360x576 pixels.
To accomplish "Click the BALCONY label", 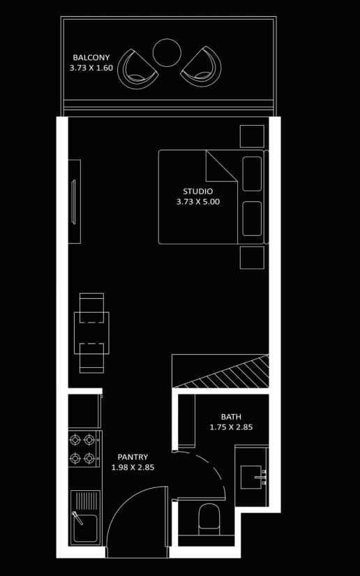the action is coord(91,58).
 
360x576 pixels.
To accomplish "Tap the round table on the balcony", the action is coord(167,52).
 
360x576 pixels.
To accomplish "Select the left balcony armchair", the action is coord(137,68).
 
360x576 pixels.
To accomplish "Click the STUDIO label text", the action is coord(198,191).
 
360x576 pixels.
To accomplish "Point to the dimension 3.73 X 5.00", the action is coord(198,202).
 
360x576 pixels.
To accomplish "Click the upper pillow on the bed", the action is coord(252,174).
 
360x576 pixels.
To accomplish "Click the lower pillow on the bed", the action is coord(252,219).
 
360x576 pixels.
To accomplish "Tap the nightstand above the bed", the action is coord(252,136).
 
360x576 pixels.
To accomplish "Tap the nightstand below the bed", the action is coord(252,258).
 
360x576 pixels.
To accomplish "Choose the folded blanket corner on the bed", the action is coord(221,166).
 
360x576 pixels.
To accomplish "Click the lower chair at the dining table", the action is coord(91,358).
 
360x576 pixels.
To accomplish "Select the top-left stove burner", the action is coord(75,439).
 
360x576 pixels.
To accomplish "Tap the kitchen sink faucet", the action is coord(77,517).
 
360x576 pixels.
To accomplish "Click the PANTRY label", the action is coord(133,457).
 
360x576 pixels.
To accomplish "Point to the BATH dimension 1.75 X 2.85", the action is coord(231,427).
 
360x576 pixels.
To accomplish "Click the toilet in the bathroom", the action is coord(209,519).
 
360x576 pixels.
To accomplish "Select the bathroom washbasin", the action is coord(251,477).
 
